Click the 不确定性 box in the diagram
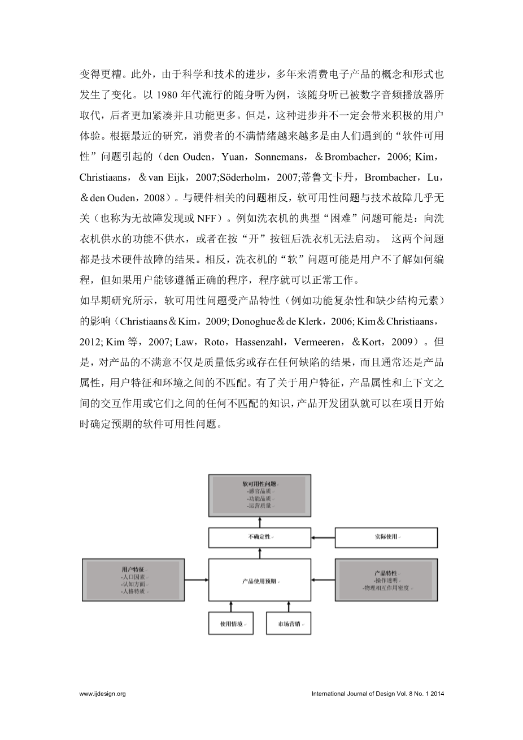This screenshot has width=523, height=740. tap(260, 536)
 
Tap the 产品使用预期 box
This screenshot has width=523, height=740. tap(260, 581)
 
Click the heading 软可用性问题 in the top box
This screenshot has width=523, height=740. tap(259, 484)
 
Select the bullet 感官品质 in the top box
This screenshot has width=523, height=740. tap(259, 492)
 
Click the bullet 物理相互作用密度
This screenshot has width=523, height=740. tap(387, 588)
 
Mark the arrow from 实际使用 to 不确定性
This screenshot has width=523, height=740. tap(323, 536)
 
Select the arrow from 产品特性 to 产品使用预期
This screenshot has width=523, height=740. tap(323, 580)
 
